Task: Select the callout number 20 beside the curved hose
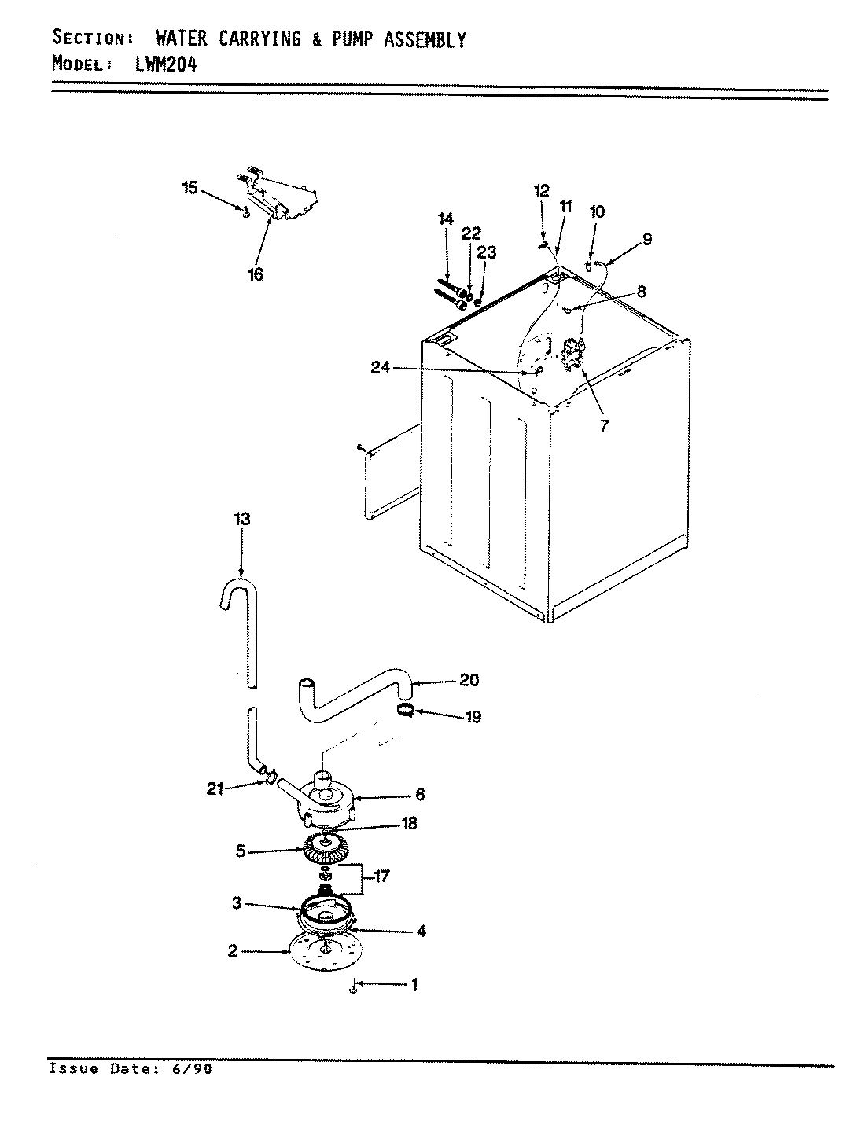469,681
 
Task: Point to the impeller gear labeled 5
324,849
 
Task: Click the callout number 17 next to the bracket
381,877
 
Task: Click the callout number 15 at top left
190,188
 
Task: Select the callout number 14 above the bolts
446,219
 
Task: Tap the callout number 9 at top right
646,240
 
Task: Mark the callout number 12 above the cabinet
541,190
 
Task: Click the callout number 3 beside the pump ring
235,904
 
